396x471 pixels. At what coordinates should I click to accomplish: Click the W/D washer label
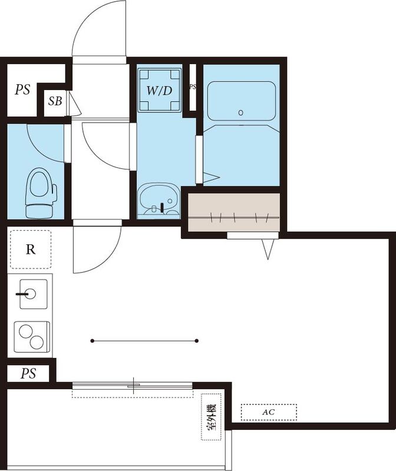pyautogui.click(x=160, y=91)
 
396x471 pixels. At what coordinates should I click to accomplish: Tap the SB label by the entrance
pyautogui.click(x=55, y=101)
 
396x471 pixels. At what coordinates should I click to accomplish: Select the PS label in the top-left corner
pyautogui.click(x=23, y=90)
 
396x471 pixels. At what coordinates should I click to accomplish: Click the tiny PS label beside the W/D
pyautogui.click(x=192, y=87)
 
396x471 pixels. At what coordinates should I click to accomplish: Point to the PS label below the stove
pyautogui.click(x=28, y=373)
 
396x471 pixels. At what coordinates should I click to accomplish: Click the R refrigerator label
pyautogui.click(x=30, y=248)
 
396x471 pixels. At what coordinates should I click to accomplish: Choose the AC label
pyautogui.click(x=268, y=412)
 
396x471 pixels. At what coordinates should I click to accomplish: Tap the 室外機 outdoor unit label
pyautogui.click(x=210, y=417)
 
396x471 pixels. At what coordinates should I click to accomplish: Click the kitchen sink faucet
pyautogui.click(x=24, y=293)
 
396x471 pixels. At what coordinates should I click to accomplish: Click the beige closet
pyautogui.click(x=233, y=210)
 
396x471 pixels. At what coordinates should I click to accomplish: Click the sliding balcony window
pyautogui.click(x=133, y=386)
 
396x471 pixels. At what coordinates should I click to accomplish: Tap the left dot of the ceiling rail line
pyautogui.click(x=93, y=340)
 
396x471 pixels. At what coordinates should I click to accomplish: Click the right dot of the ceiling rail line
pyautogui.click(x=197, y=340)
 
